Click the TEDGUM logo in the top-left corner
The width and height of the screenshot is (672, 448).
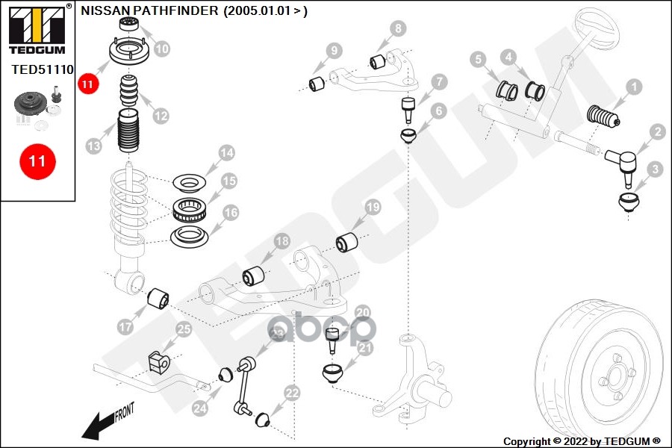tap(37, 30)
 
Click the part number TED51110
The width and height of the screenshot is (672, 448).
tap(42, 70)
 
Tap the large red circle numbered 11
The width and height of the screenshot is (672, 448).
tap(37, 161)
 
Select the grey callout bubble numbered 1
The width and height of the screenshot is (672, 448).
tap(633, 87)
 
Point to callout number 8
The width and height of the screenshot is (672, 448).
tap(398, 29)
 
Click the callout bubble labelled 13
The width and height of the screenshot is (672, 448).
tap(93, 146)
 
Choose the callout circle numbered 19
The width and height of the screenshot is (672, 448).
tap(372, 207)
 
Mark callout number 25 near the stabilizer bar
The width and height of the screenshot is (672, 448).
tap(183, 329)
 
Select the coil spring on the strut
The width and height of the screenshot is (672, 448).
tap(129, 209)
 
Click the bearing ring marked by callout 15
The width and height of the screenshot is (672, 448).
tap(190, 210)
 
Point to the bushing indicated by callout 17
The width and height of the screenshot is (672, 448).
tap(159, 299)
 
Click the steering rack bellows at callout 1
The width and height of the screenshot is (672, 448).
tap(603, 118)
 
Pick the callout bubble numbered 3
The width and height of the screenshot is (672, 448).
tap(656, 169)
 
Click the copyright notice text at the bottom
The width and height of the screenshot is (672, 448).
tap(582, 441)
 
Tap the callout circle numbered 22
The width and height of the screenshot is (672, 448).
tap(292, 392)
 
